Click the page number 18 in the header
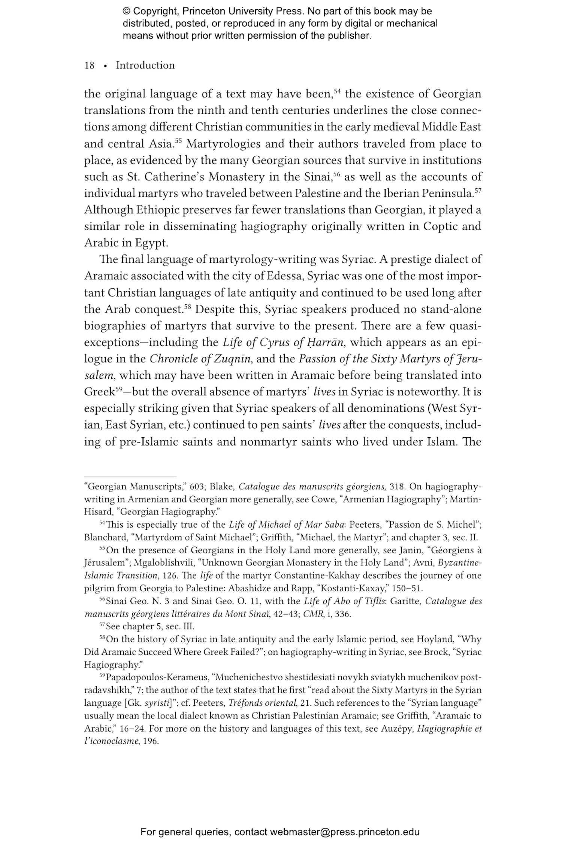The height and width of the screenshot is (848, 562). (x=89, y=66)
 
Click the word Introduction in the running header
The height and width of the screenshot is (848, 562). (x=145, y=66)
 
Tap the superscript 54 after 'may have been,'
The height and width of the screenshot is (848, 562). (x=337, y=91)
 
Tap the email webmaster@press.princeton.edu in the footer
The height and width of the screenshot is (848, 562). (x=344, y=832)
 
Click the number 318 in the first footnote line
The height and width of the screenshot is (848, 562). (x=398, y=487)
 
